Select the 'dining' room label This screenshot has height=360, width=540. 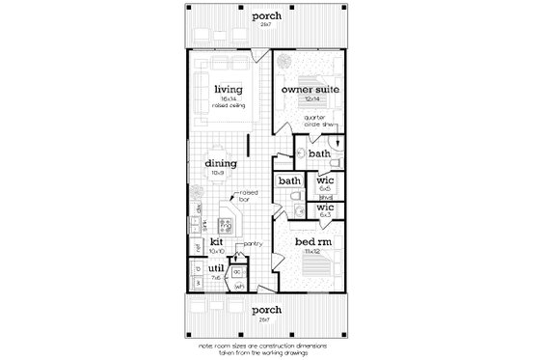[x=221, y=163]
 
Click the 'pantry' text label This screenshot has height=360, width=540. [x=254, y=244]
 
